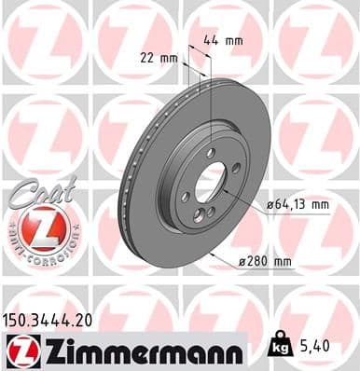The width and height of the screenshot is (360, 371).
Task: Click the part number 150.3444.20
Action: coord(50,319)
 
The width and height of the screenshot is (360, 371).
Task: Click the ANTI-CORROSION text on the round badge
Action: coord(35,254)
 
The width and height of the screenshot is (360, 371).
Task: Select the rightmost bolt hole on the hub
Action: coord(235,168)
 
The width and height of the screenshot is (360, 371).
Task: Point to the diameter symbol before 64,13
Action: coord(270,203)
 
